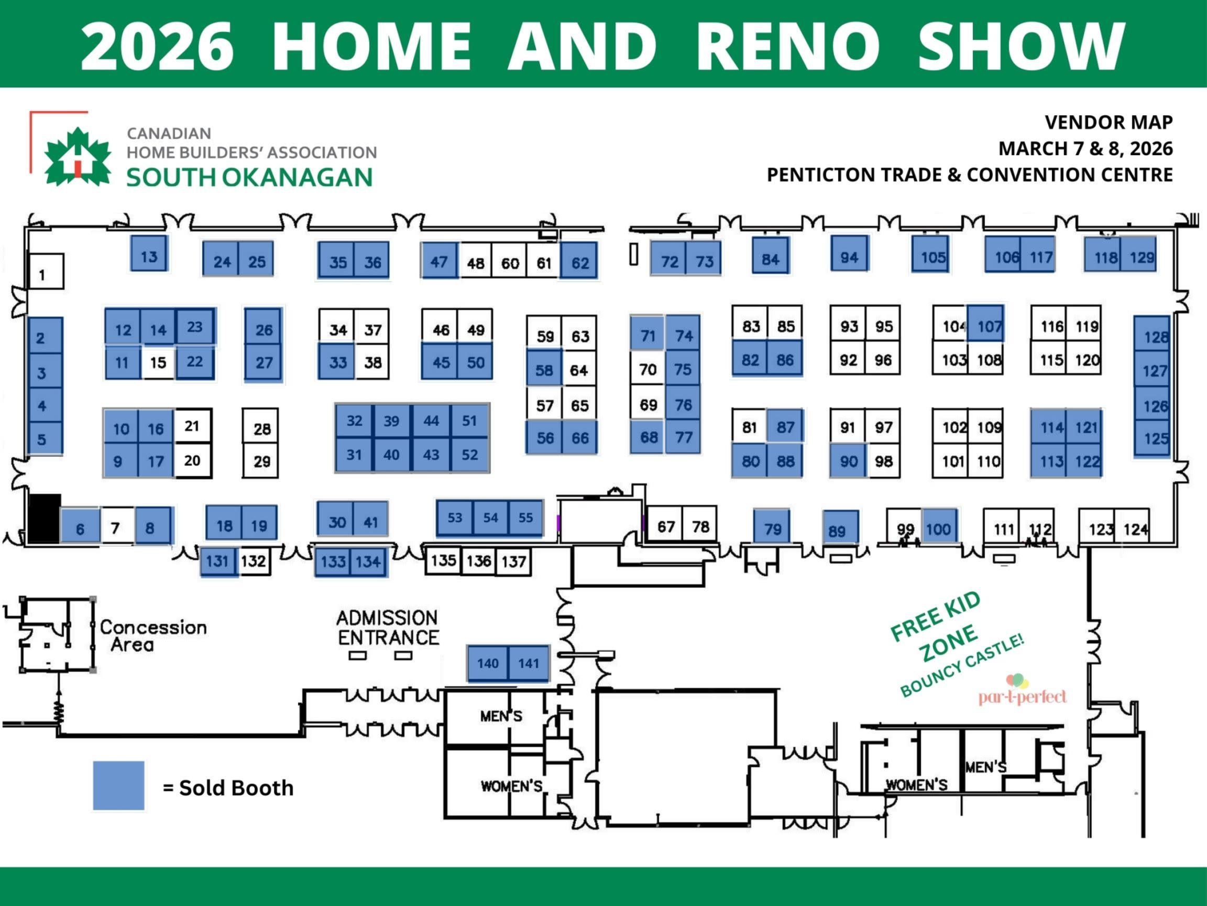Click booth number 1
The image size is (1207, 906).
pyautogui.click(x=46, y=272)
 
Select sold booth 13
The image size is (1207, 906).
pyautogui.click(x=149, y=254)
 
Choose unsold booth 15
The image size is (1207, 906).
pyautogui.click(x=158, y=362)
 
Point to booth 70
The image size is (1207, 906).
pyautogui.click(x=648, y=370)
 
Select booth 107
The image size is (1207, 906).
pyautogui.click(x=986, y=325)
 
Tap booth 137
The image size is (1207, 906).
pyautogui.click(x=513, y=561)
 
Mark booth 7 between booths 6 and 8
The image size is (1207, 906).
pyautogui.click(x=115, y=527)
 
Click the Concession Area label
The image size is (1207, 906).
pyautogui.click(x=153, y=635)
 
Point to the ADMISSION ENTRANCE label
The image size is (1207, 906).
pyautogui.click(x=388, y=628)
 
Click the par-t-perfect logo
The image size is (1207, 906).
pyautogui.click(x=1022, y=692)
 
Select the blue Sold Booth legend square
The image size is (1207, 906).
pyautogui.click(x=118, y=785)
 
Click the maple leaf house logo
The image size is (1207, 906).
pyautogui.click(x=77, y=157)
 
